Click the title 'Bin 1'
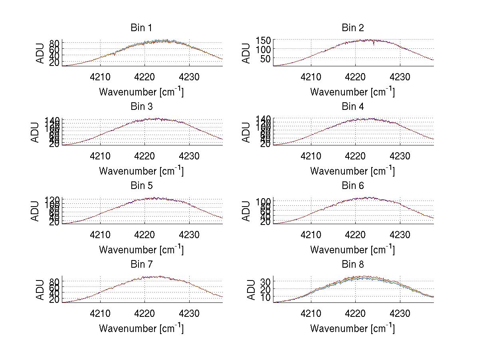[141, 28]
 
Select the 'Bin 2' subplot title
[352, 28]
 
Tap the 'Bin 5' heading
[141, 186]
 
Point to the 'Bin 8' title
[352, 265]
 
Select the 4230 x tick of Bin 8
[400, 314]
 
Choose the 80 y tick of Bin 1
[55, 43]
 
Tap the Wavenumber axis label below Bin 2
[352, 92]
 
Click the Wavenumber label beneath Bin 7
[141, 328]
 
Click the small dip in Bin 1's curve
[115, 54]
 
